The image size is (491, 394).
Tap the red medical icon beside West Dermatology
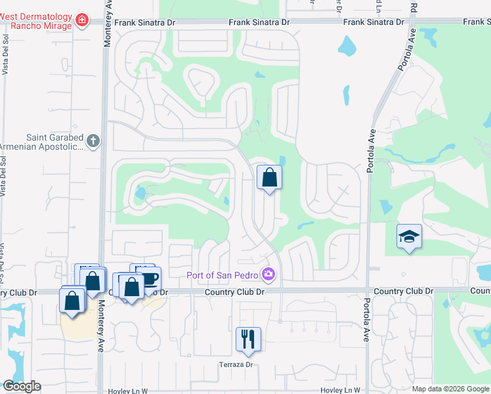[81, 22]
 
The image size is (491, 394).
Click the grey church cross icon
[93, 141]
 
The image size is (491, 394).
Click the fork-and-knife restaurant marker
[248, 339]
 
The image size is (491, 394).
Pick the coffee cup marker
[150, 278]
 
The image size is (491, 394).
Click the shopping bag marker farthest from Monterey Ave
[269, 177]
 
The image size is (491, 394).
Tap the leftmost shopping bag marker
[72, 300]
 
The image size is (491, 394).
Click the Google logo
[22, 386]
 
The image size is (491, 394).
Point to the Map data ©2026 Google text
[450, 389]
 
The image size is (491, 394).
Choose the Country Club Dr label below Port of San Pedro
[233, 292]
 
